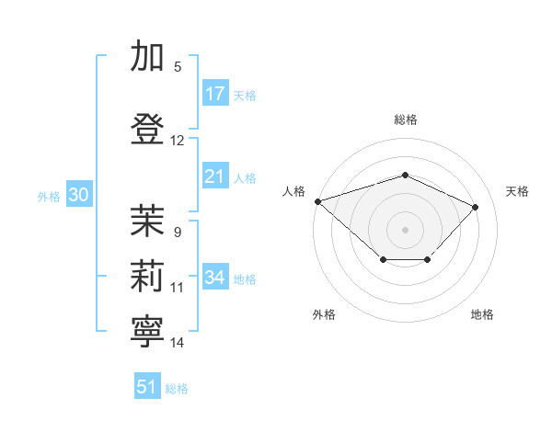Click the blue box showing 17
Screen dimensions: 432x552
(215, 94)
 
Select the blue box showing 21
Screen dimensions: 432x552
(215, 176)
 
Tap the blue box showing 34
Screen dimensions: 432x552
(215, 278)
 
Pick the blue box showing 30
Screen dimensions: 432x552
(78, 195)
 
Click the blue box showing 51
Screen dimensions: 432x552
(147, 387)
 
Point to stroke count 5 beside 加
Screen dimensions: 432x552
(178, 66)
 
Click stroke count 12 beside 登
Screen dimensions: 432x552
(178, 141)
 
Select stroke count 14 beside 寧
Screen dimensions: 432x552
(178, 343)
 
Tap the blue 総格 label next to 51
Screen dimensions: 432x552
(177, 389)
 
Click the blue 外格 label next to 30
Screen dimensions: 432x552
(49, 196)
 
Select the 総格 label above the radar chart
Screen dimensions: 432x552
(406, 119)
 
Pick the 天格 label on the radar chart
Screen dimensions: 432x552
(518, 191)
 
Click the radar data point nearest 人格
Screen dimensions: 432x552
(317, 200)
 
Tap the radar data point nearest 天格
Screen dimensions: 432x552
(475, 207)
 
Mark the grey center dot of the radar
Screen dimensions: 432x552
(405, 229)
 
